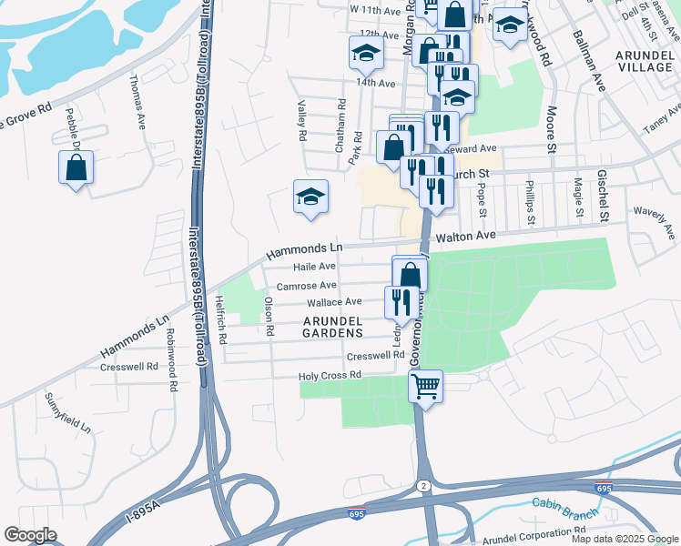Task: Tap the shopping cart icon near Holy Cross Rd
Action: point(425,387)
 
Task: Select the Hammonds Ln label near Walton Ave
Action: point(304,248)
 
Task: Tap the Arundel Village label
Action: point(644,62)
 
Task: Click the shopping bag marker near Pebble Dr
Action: point(76,168)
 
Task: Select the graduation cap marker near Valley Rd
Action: point(310,197)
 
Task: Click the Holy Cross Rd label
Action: point(330,375)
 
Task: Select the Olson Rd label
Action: point(269,315)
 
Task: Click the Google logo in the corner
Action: point(30,535)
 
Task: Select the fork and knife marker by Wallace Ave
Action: point(401,302)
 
